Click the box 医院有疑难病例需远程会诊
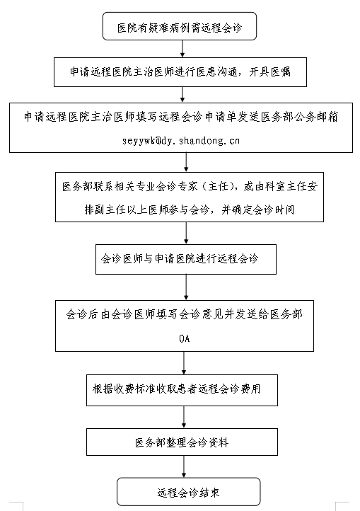[x=180, y=26]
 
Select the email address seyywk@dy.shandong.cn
[x=181, y=140]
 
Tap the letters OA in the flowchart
[x=185, y=338]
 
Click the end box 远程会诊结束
[x=189, y=492]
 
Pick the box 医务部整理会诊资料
[x=182, y=442]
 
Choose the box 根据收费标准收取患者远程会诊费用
[x=182, y=390]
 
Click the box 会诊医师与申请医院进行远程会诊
[x=186, y=259]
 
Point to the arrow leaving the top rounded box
[x=182, y=49]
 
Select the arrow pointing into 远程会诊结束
[x=184, y=466]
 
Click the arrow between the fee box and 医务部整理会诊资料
[x=184, y=417]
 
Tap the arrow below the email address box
[x=186, y=162]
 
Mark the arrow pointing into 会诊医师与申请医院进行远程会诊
[x=186, y=233]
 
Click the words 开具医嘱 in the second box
[x=269, y=71]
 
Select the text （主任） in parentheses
[x=219, y=186]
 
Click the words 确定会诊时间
[x=263, y=209]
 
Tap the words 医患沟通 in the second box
[x=217, y=71]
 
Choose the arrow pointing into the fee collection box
[x=184, y=363]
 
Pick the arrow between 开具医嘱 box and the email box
[x=182, y=95]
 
